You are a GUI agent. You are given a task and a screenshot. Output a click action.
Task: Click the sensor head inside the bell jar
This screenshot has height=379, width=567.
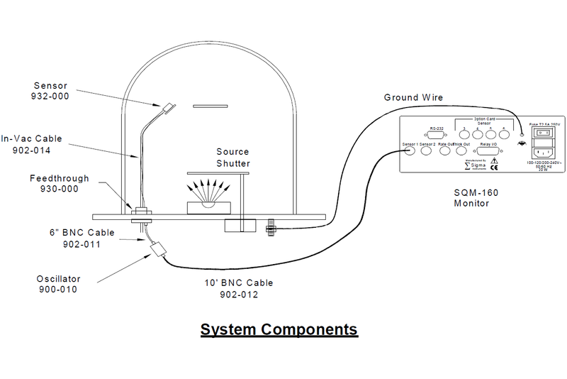tap(168, 108)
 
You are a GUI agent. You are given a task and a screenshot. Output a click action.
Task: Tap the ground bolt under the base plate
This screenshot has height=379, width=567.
tap(270, 229)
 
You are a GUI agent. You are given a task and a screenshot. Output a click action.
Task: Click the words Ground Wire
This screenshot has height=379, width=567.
tap(412, 97)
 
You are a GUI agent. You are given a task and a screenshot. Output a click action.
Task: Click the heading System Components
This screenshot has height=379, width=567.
tap(279, 330)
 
